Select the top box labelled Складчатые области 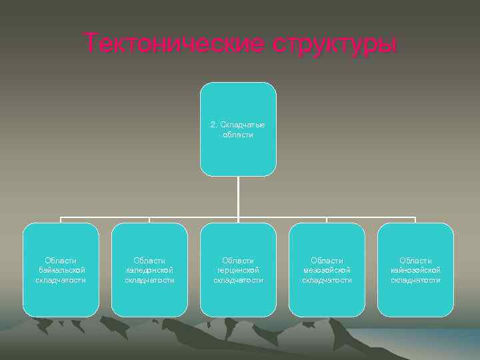coord(238,129)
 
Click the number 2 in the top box coord(213,125)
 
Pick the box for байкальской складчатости coord(61,269)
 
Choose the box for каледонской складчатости coord(149,269)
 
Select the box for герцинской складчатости coord(238,269)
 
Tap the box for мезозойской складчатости coord(327,269)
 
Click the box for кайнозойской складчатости coord(415,269)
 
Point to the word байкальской coord(61,270)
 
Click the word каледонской coord(149,270)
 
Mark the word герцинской coord(238,270)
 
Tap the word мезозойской coord(327,270)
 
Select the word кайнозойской coord(415,270)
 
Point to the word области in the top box coord(238,135)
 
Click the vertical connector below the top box coord(238,197)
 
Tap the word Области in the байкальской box coord(61,260)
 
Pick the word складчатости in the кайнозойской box coord(415,280)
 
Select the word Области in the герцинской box coord(238,260)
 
